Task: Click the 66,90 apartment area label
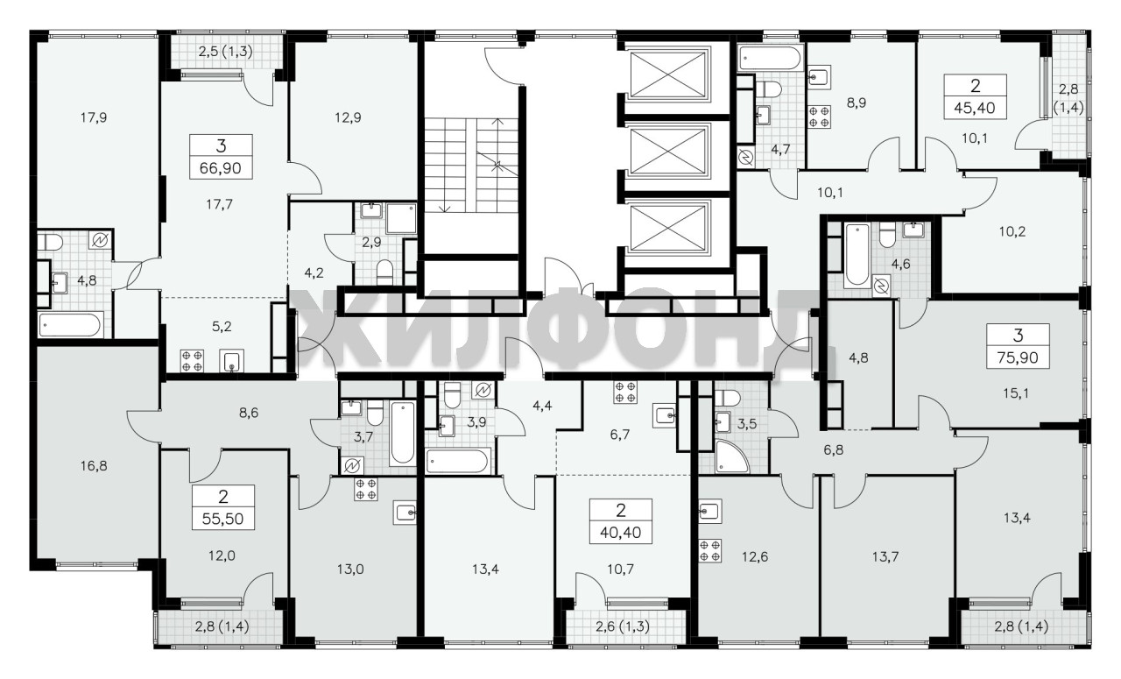[221, 168]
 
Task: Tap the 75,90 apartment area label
[1018, 357]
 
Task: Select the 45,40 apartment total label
[975, 108]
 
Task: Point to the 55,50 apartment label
[223, 519]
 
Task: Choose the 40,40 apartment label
[621, 533]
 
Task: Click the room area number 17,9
[94, 117]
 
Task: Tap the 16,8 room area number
[94, 466]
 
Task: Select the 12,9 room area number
[348, 117]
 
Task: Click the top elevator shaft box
[668, 74]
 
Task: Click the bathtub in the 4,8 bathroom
[71, 325]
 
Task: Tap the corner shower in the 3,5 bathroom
[731, 456]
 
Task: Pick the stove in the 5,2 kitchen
[192, 361]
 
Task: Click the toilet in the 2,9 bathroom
[384, 272]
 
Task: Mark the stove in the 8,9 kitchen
[819, 117]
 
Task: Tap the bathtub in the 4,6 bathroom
[857, 255]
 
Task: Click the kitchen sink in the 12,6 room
[709, 512]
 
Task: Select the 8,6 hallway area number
[249, 414]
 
